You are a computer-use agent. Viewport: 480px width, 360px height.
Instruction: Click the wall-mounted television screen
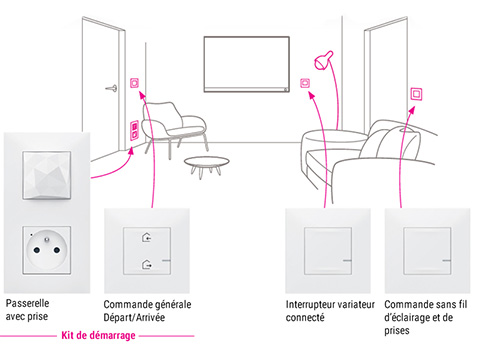click(x=246, y=64)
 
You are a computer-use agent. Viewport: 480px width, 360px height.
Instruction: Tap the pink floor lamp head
click(x=323, y=60)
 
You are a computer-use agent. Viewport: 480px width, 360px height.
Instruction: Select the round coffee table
click(x=207, y=165)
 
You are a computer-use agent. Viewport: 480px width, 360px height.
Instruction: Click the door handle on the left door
click(x=112, y=88)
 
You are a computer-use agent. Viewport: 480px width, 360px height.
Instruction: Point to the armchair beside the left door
click(x=173, y=128)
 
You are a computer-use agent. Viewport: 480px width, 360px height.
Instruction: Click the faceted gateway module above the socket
click(x=47, y=175)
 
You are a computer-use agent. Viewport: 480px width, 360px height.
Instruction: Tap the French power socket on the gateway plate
click(x=47, y=250)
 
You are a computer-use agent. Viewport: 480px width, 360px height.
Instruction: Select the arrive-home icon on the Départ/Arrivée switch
click(x=147, y=238)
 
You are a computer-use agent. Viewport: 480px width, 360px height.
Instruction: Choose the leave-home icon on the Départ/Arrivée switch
click(x=147, y=265)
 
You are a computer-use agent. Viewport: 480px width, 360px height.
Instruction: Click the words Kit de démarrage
click(x=98, y=335)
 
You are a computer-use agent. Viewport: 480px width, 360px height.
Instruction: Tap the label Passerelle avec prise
click(x=27, y=310)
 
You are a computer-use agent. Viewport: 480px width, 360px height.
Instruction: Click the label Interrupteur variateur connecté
click(x=330, y=311)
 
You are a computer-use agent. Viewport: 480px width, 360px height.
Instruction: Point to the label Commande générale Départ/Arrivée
click(x=147, y=311)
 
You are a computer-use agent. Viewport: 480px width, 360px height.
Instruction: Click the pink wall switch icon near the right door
click(x=416, y=94)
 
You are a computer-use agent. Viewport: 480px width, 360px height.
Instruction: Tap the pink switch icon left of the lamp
click(x=305, y=83)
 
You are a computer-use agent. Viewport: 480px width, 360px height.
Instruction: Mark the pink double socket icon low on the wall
click(x=134, y=130)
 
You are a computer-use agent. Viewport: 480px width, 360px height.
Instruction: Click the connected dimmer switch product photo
click(x=328, y=251)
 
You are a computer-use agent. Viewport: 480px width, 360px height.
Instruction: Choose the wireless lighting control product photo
click(x=427, y=251)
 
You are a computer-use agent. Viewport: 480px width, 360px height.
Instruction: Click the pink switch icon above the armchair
click(x=134, y=82)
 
